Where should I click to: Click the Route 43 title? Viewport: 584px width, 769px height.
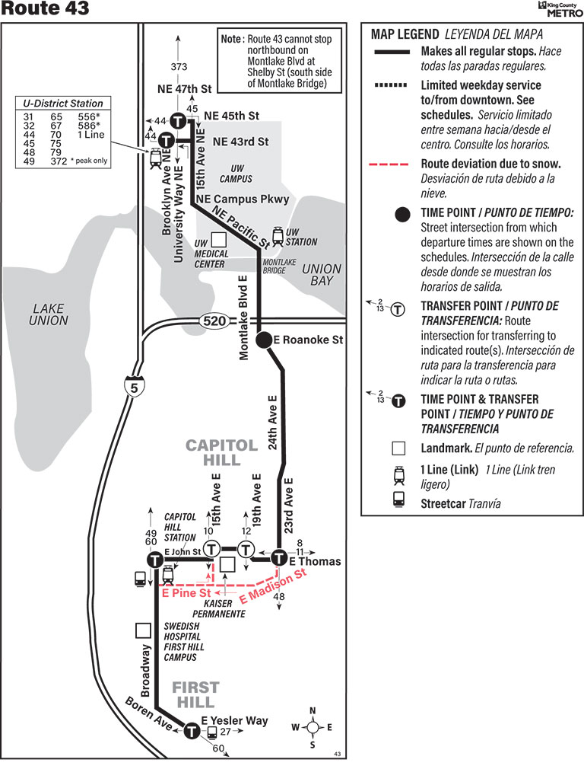pos(46,9)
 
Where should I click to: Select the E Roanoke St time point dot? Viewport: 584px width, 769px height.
pos(264,340)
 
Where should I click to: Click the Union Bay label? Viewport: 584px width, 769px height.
pos(322,275)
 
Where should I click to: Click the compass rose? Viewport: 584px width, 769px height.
pos(313,727)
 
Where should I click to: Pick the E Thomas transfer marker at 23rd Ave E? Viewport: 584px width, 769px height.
pos(279,558)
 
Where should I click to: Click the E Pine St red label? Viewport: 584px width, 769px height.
pos(186,592)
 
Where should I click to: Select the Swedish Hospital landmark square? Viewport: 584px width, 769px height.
pos(142,630)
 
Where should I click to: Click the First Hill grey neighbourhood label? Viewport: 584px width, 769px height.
pos(195,694)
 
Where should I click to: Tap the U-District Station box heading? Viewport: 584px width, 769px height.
pos(63,104)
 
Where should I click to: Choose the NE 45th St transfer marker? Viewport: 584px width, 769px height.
pos(178,120)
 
